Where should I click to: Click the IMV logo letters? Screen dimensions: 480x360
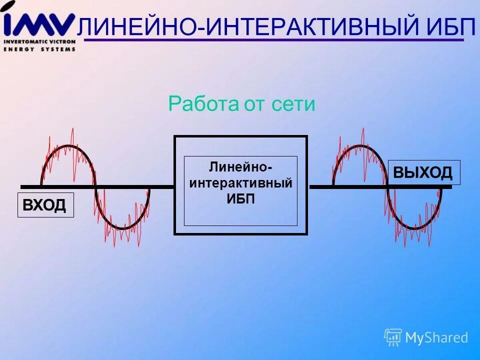tap(39, 22)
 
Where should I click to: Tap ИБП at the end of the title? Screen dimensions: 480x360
tap(451, 26)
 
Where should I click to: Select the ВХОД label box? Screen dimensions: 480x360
tap(45, 205)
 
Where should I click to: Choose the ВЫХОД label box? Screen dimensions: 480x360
tap(424, 172)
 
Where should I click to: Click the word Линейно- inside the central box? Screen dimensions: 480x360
tap(240, 166)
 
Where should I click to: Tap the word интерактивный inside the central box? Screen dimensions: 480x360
tap(240, 182)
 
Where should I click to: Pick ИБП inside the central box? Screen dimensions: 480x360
tap(240, 198)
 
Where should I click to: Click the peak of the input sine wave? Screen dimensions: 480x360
tap(67, 146)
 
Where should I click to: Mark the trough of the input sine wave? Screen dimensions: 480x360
tap(122, 228)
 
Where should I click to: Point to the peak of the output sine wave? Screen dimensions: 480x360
tap(359, 146)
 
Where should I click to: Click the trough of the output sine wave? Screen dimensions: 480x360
tap(414, 228)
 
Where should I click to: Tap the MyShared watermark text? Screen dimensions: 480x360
tap(436, 338)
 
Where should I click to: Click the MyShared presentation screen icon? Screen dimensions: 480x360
tap(393, 337)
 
